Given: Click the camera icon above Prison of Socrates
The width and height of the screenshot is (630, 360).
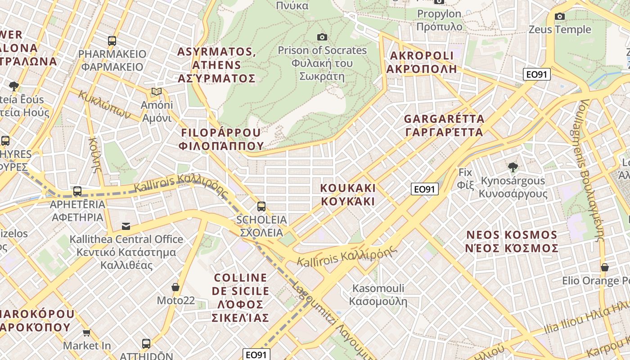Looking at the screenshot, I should coord(322,37).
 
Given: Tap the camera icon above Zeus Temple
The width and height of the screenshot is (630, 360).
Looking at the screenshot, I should coord(560,17).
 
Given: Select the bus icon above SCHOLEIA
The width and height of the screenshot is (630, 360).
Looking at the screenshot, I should coord(261,207).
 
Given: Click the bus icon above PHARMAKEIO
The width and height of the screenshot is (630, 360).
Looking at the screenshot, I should coord(112,41).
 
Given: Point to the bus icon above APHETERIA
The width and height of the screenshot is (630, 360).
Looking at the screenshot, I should coord(77,191).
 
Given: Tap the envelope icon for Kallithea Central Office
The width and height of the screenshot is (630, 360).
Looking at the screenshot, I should coord(126,226).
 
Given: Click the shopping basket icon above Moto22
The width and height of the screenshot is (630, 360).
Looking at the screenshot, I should coord(175,287).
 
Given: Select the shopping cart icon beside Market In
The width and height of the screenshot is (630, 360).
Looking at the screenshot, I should coord(86,333).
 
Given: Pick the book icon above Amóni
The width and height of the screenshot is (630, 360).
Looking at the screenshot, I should coord(157,92).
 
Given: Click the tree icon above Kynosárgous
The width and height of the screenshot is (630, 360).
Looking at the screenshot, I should coord(513,167).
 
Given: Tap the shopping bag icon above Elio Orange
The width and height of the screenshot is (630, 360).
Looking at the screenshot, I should coord(605,267).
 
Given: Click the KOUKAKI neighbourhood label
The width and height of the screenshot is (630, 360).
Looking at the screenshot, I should coord(348,194).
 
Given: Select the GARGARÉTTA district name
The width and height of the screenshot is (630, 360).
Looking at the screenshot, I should coord(444,126).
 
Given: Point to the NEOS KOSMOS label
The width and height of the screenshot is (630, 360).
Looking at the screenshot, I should coord(512,242).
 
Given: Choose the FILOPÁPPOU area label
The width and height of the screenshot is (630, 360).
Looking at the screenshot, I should coord(220,139).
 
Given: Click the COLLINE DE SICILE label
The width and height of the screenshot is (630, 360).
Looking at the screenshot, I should coord(241,297).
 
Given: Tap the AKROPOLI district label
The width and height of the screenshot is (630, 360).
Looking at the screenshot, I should coord(422,62).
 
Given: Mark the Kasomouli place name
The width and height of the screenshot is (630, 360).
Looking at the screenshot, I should coord(378,294).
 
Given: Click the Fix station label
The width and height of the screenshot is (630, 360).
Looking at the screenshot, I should coord(465,178).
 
